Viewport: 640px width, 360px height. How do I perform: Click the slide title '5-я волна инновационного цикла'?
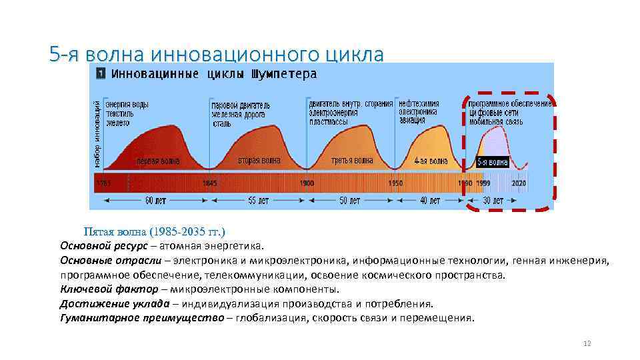217,54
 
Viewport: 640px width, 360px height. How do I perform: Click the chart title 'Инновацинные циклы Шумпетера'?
213,73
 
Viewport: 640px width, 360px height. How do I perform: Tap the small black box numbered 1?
100,73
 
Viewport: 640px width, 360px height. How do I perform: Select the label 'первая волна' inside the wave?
158,161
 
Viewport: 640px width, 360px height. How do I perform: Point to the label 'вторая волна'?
259,161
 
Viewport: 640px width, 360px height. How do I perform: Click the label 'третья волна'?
352,161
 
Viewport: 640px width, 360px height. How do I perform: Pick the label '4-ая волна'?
430,161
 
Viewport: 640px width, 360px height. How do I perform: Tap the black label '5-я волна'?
493,162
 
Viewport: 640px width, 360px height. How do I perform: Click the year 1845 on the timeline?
209,183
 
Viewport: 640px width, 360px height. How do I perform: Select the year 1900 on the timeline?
307,183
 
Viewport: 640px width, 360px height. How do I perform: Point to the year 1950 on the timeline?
395,183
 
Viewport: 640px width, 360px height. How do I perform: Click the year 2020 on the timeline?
519,183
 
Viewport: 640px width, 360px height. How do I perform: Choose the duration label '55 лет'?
257,200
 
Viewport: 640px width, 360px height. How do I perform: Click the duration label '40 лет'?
430,200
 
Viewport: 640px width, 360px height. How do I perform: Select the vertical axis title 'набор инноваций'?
97,133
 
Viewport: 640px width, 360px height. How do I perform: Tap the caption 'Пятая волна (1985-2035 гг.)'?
155,232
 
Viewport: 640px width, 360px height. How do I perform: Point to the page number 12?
587,343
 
